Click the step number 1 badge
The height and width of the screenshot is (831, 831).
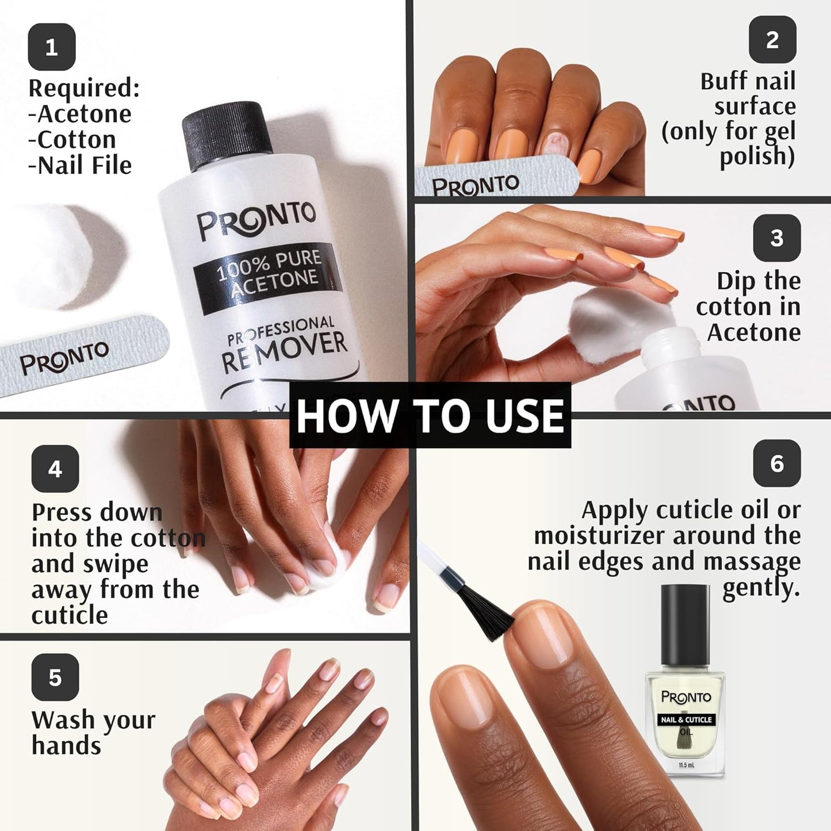tap(52, 47)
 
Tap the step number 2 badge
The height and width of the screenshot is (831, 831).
tap(772, 40)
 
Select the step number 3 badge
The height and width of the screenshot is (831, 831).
tap(777, 238)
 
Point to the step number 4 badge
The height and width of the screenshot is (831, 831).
tap(55, 469)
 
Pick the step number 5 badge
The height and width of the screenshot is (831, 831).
tap(55, 677)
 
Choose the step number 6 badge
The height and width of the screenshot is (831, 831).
tap(777, 464)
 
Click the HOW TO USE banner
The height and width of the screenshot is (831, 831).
tap(430, 416)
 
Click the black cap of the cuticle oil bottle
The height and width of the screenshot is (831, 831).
tap(684, 624)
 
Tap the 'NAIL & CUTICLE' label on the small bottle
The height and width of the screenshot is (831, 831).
tap(686, 719)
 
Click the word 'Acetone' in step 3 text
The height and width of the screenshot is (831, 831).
tap(753, 332)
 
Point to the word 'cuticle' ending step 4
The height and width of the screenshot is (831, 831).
tap(70, 615)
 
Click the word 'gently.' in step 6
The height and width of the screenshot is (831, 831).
tap(761, 587)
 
